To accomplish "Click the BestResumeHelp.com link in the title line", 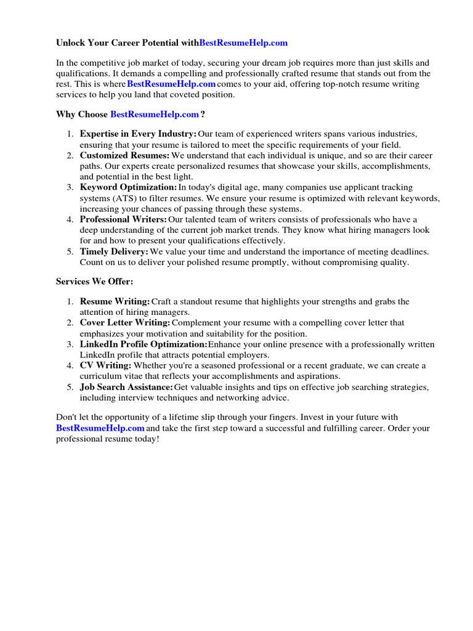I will click(243, 43).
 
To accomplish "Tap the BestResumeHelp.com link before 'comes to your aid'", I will click(171, 84).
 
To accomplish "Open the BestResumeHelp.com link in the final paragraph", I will click(100, 428).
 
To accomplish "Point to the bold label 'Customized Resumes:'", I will click(124, 155).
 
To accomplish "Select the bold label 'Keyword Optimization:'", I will click(128, 187).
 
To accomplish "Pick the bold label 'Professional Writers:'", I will click(123, 219).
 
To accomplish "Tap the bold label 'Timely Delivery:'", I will click(114, 251).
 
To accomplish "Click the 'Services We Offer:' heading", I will click(94, 281).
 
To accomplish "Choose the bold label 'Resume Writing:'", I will click(115, 301).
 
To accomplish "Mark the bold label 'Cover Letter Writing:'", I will click(125, 322).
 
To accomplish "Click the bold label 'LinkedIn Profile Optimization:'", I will click(144, 344).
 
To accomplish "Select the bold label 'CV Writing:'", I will click(105, 365).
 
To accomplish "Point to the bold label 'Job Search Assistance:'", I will click(126, 387).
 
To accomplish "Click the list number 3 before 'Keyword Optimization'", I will click(71, 187).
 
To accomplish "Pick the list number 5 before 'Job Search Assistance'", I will click(71, 387).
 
